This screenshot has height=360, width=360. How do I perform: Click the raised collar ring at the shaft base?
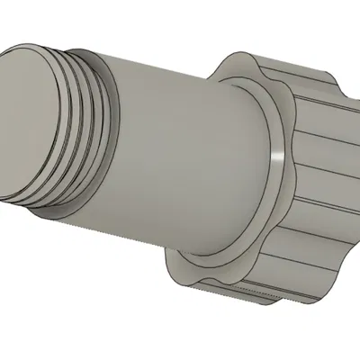270,126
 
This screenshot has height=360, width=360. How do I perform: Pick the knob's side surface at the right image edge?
346,180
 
